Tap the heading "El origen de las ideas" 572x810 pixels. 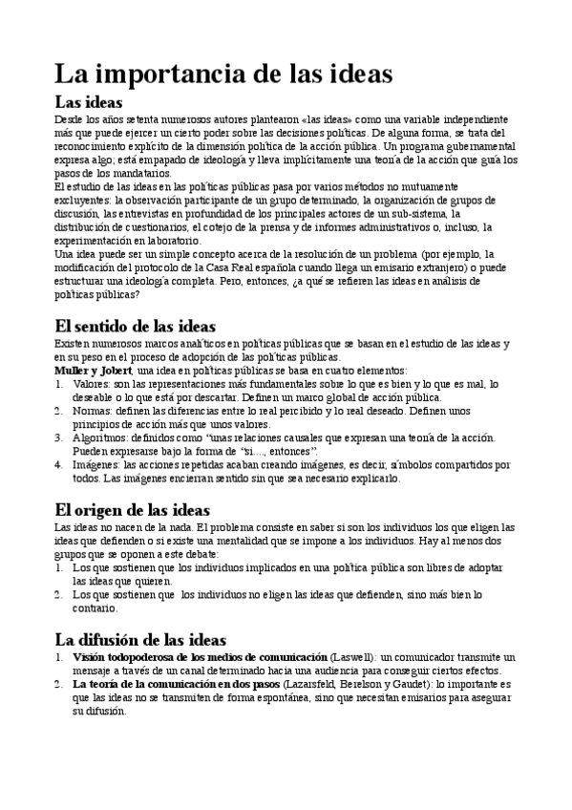[132, 510]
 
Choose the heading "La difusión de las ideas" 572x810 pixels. [139, 639]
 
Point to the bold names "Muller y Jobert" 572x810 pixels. [93, 370]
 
